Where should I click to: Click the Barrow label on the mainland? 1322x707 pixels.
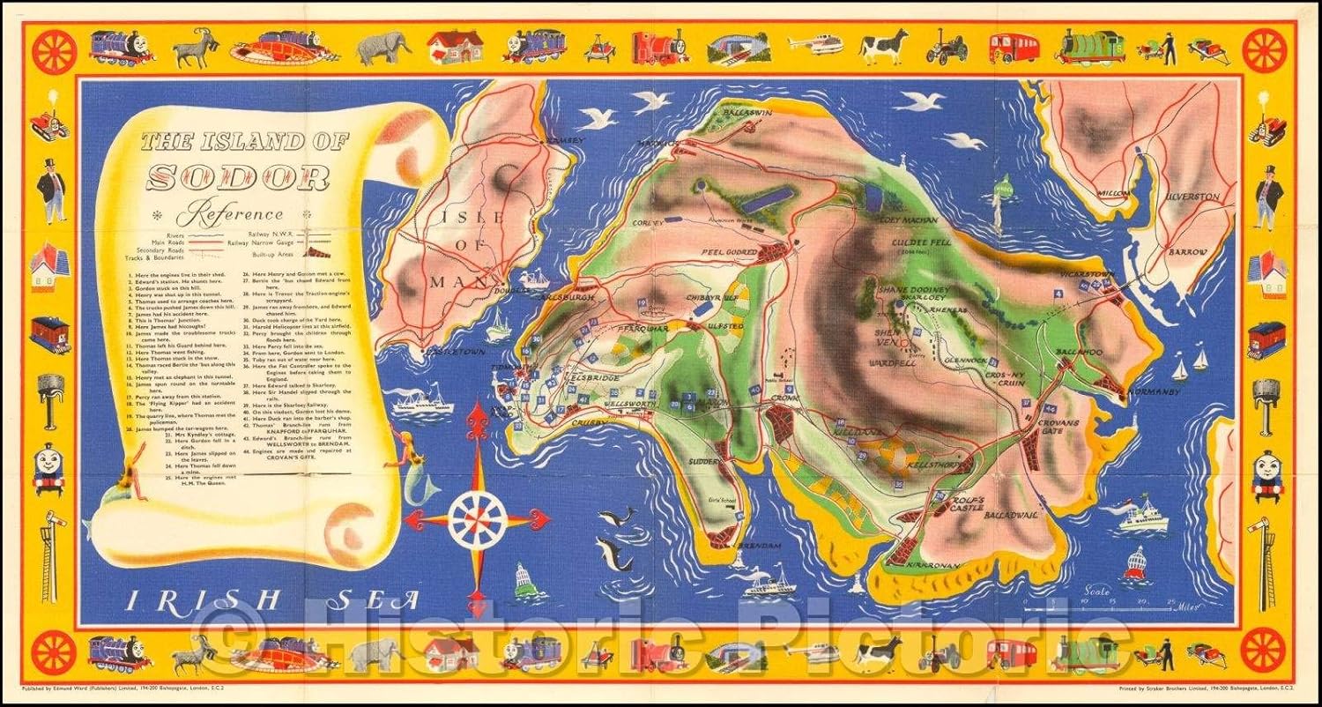click(1187, 253)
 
